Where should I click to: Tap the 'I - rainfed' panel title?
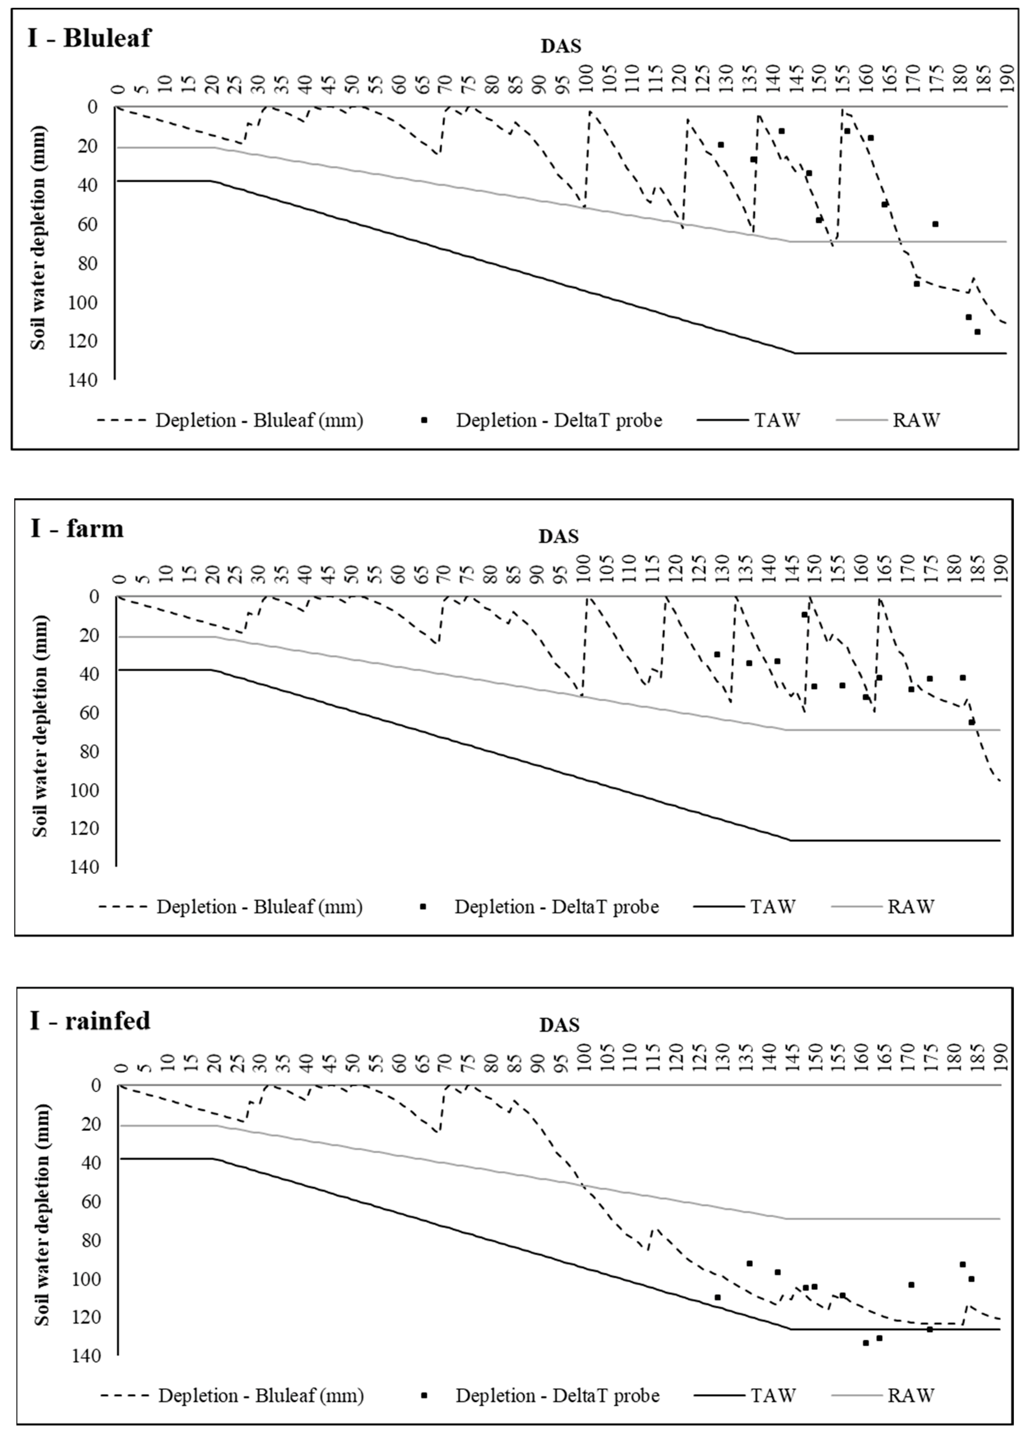90,1020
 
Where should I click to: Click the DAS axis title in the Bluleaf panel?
561,46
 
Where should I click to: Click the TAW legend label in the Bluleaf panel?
777,420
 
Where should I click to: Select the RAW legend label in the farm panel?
910,907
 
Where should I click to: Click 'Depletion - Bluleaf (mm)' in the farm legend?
260,907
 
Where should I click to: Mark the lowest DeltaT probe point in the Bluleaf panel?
977,332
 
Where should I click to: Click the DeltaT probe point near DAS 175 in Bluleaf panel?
935,224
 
